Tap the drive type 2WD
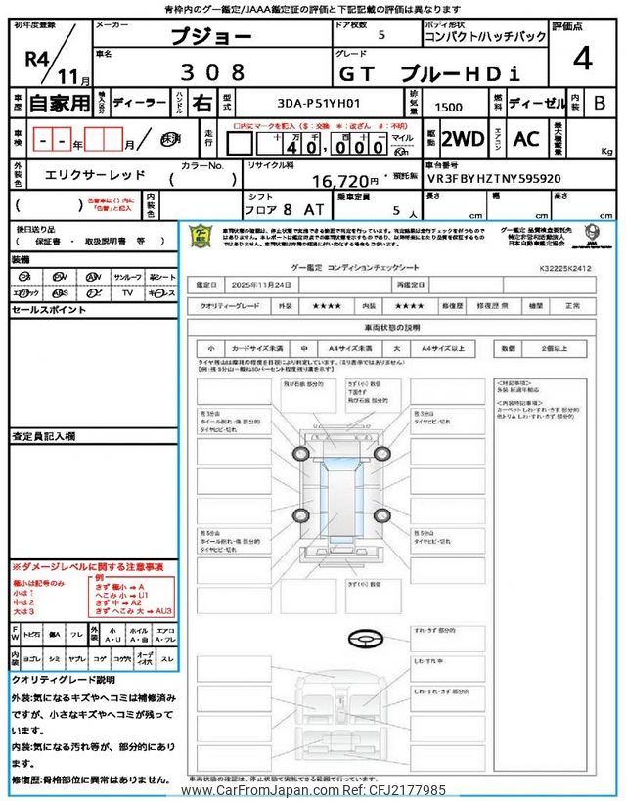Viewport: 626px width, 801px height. (x=463, y=139)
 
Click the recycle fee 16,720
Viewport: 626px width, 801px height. (x=344, y=181)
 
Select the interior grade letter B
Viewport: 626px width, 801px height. (x=599, y=102)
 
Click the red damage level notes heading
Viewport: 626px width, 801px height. (x=87, y=567)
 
